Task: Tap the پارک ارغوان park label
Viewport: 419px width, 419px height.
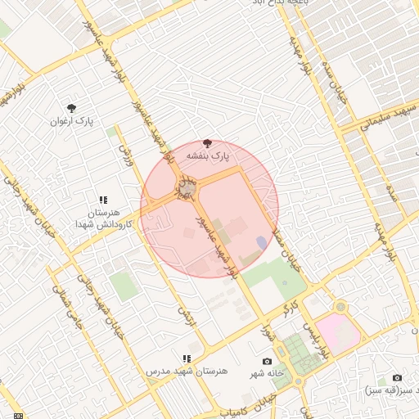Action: (x=72, y=121)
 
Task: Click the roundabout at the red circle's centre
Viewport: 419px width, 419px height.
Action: (x=187, y=190)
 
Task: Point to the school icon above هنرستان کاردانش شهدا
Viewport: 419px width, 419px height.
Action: (x=103, y=199)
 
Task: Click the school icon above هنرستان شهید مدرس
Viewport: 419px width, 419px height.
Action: (x=187, y=358)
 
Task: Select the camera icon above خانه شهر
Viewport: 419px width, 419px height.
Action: (x=267, y=361)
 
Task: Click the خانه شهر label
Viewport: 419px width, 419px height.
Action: (x=268, y=372)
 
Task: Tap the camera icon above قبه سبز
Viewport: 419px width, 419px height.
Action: (x=397, y=377)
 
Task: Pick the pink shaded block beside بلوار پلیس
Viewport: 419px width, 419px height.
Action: (x=337, y=334)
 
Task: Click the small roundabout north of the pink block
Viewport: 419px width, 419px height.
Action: (x=340, y=307)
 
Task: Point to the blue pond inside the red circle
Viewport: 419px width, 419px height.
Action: (x=260, y=242)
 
